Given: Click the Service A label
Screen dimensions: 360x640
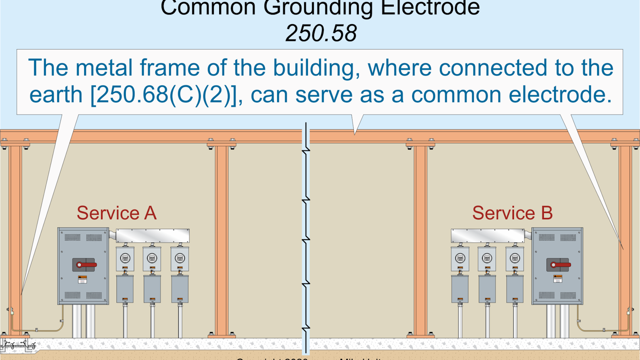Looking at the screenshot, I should tap(116, 213).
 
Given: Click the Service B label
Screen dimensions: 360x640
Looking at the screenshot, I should tap(512, 213).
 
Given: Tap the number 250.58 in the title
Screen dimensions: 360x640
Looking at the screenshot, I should tap(321, 33).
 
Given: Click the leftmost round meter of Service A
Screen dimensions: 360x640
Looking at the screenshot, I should tap(125, 258).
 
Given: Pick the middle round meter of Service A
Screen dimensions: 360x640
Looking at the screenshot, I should tap(152, 258).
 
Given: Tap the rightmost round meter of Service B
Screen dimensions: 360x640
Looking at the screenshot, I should tap(515, 258).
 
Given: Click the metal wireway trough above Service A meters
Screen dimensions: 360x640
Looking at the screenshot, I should tap(152, 236).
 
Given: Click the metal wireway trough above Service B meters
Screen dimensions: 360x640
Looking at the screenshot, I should tap(487, 236).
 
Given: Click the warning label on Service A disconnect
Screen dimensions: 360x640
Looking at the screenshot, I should tap(82, 279).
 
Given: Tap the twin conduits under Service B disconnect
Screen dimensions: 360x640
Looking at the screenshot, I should tap(557, 321).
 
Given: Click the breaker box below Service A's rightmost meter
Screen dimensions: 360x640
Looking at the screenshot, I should tap(180, 289).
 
